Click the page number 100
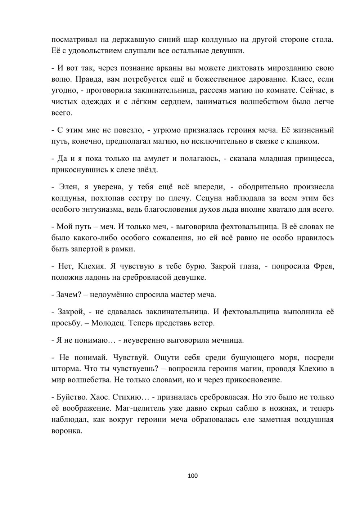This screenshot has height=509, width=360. coord(193,476)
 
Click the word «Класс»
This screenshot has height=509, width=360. coord(301,79)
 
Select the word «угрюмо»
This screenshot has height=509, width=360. coord(170,130)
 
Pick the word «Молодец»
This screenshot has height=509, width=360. coord(108,323)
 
